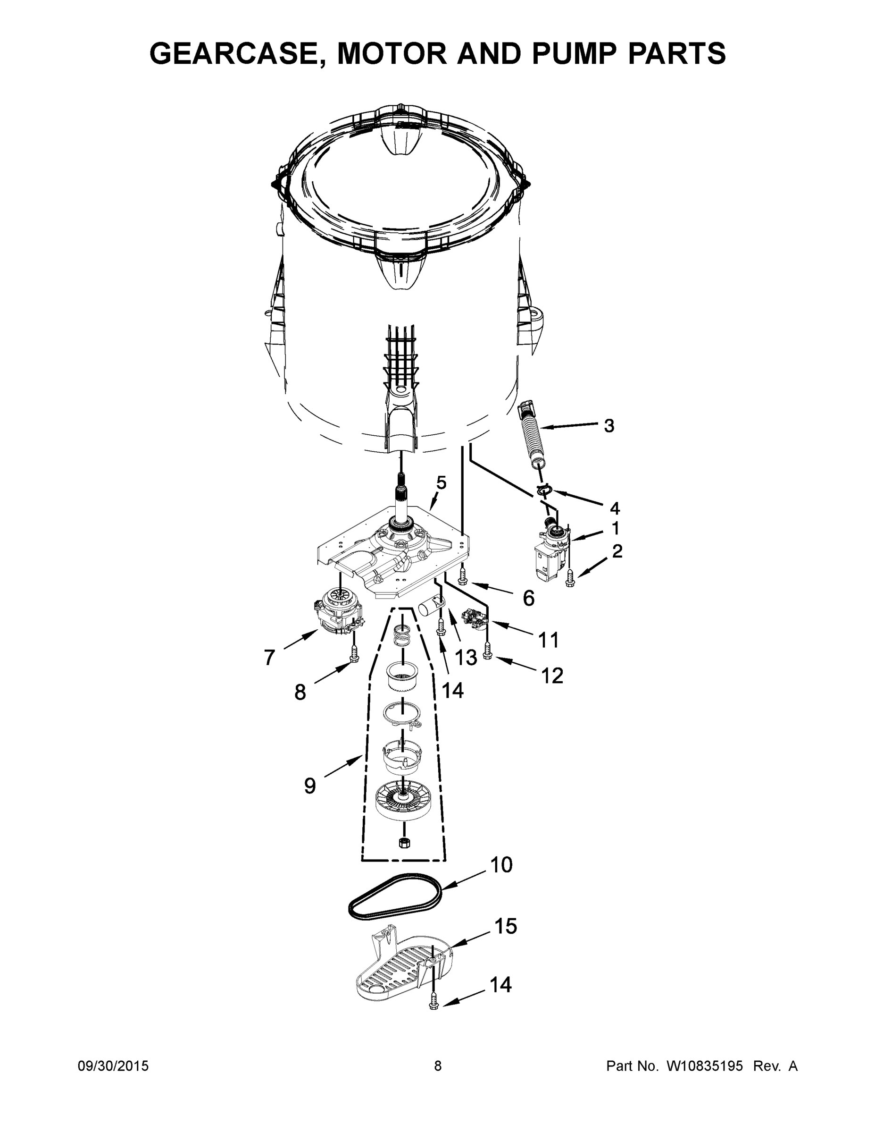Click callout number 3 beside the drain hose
[x=609, y=425]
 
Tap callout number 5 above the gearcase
[x=441, y=483]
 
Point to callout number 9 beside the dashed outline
[x=309, y=786]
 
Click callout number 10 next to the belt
[x=501, y=865]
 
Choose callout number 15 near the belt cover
[x=505, y=926]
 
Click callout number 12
[x=552, y=676]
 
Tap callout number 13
[x=466, y=657]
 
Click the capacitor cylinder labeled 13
[x=430, y=604]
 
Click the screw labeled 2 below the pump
[x=570, y=579]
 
